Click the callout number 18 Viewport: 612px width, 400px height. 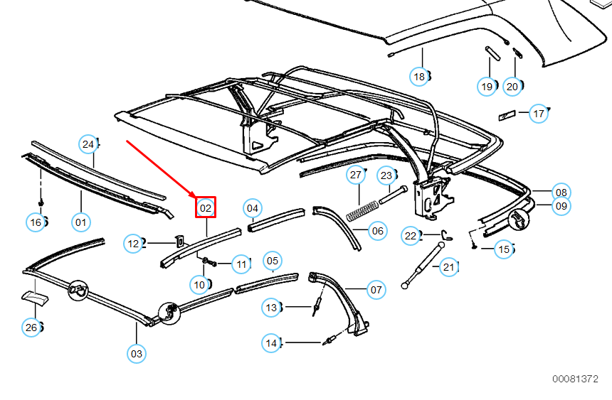pyautogui.click(x=420, y=76)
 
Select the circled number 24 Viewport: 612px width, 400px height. pyautogui.click(x=88, y=144)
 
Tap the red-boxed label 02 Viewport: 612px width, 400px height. pyautogui.click(x=205, y=208)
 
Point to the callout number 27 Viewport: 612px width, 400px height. pyautogui.click(x=356, y=175)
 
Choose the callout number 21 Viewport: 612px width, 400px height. pyautogui.click(x=448, y=267)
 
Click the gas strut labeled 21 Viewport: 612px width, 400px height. pyautogui.click(x=423, y=263)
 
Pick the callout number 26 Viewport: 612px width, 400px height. pyautogui.click(x=31, y=327)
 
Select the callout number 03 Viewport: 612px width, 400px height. pyautogui.click(x=136, y=353)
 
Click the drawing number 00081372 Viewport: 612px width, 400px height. pyautogui.click(x=574, y=379)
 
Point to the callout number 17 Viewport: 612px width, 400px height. pyautogui.click(x=539, y=113)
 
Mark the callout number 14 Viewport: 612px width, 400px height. pyautogui.click(x=270, y=343)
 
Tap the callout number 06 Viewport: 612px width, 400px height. pyautogui.click(x=377, y=230)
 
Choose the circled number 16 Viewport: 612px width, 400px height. pyautogui.click(x=36, y=222)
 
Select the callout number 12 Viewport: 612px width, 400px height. pyautogui.click(x=133, y=244)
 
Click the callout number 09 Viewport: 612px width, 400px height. pyautogui.click(x=561, y=207)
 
